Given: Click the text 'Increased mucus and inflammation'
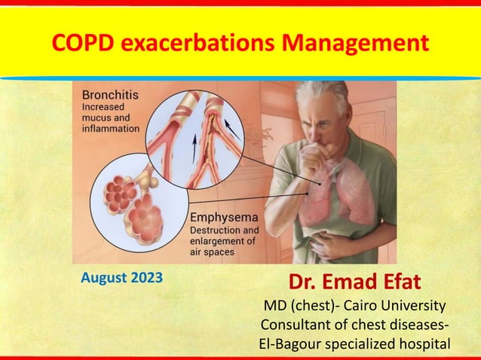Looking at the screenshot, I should point(110,117).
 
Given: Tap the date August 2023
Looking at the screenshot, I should point(121,278).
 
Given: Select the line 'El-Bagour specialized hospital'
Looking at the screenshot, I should point(354,343).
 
